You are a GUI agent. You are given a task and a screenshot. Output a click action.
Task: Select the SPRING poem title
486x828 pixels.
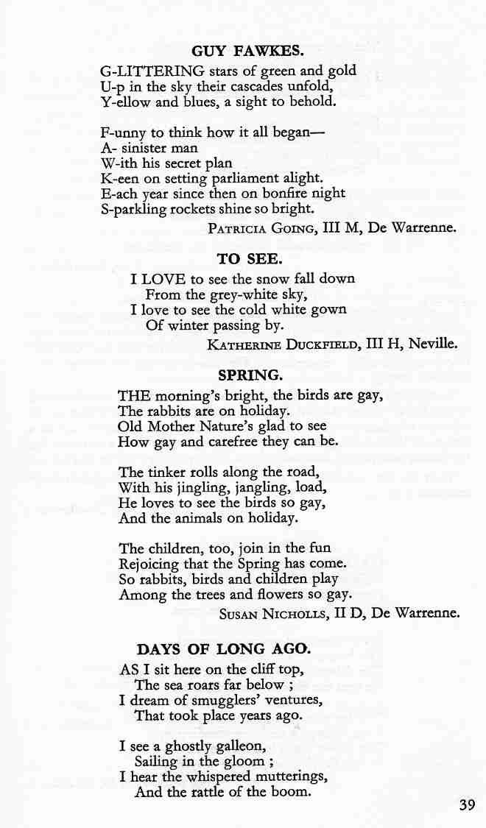point(247,376)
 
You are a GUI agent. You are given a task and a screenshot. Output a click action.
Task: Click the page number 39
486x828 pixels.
point(467,804)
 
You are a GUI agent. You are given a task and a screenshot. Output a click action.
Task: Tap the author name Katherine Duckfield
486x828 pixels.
point(283,344)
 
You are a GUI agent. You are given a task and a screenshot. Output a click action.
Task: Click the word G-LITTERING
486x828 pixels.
point(152,71)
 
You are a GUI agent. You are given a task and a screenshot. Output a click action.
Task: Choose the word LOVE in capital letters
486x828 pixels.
point(163,279)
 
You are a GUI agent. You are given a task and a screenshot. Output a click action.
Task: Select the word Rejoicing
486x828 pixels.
point(152,564)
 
